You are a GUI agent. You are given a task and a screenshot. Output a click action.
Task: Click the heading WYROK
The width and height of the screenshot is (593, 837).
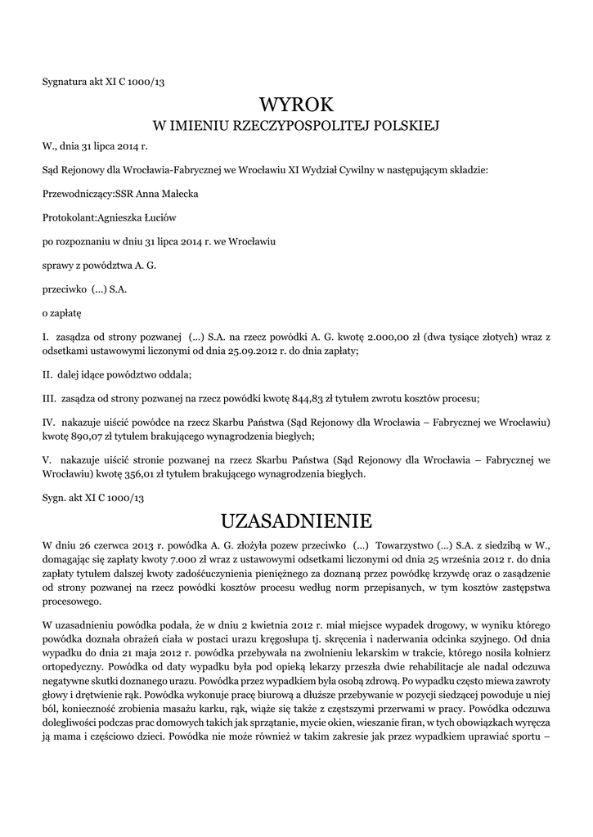pos(296,104)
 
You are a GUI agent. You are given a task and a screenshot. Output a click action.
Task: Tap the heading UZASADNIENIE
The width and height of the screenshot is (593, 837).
pos(296,521)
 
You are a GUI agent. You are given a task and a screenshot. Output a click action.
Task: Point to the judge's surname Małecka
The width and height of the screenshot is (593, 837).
pos(177,194)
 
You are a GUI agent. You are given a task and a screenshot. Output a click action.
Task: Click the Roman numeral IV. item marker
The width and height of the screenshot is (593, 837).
pos(48,422)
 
